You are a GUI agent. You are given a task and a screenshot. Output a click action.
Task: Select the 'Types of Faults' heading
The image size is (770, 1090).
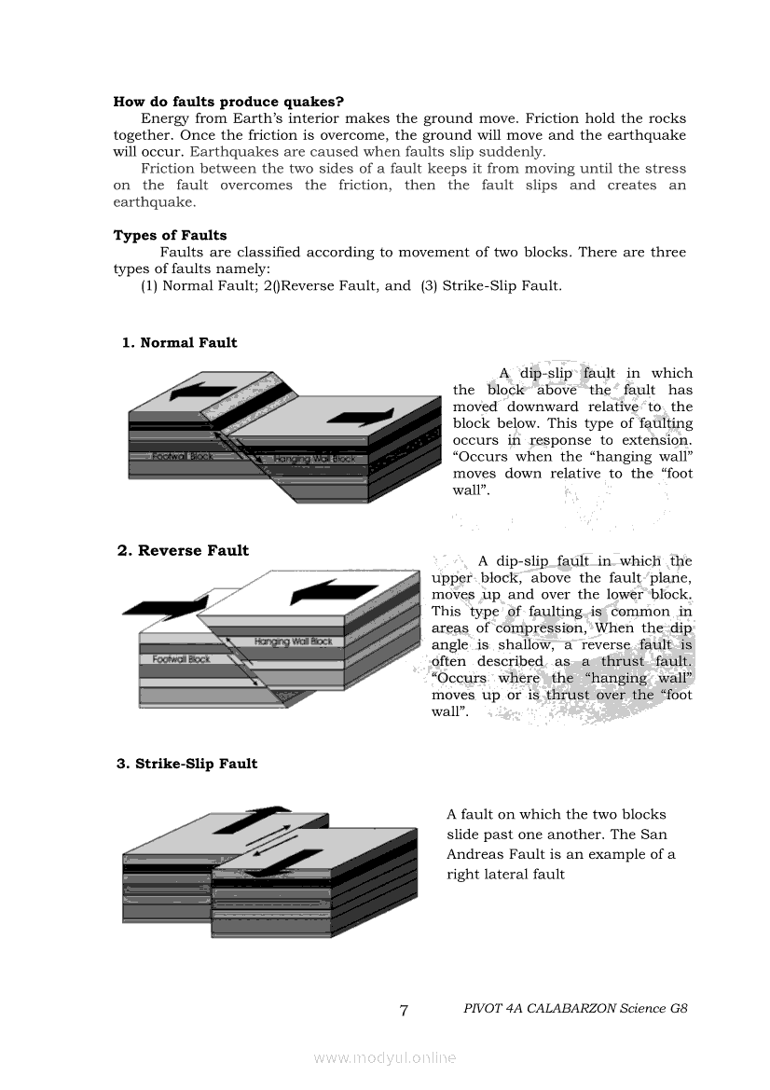(x=170, y=235)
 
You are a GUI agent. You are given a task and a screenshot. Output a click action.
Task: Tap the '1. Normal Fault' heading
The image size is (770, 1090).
(x=179, y=343)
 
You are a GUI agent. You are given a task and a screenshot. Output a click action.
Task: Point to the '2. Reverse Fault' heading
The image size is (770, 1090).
(x=183, y=551)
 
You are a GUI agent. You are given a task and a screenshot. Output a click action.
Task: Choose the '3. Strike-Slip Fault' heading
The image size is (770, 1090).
(x=186, y=764)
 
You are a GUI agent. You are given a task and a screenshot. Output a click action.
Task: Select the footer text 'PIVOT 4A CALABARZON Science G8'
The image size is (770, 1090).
(x=575, y=1009)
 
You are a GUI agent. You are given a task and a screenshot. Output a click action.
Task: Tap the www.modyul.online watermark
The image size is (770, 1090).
(x=385, y=1057)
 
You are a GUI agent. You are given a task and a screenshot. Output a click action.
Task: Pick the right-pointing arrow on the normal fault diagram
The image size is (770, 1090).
(x=361, y=416)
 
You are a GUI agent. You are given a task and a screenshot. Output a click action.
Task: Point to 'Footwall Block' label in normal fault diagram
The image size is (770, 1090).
(x=183, y=456)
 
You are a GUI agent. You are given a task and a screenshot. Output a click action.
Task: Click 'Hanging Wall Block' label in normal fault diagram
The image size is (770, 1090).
(x=314, y=460)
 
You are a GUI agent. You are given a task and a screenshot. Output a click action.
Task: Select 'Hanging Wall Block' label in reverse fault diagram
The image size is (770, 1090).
(x=294, y=642)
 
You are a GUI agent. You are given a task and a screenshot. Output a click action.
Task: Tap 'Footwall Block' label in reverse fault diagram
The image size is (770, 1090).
(x=182, y=659)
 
